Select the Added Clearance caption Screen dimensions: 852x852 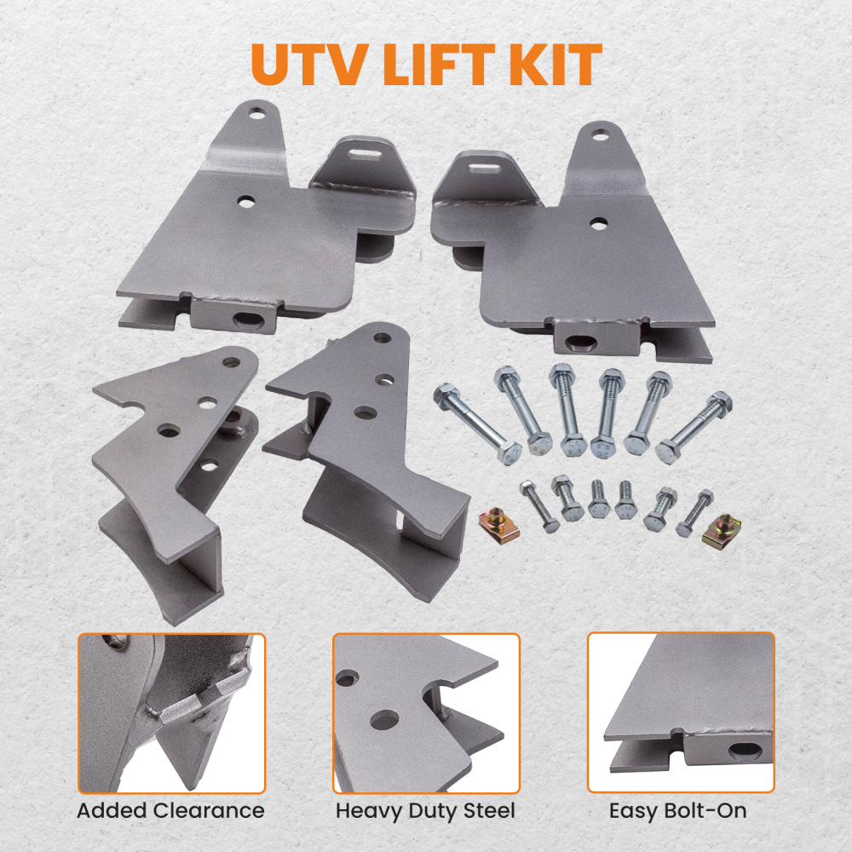pos(170,810)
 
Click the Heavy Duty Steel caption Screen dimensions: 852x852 pos(425,810)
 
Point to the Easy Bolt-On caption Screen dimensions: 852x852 pos(678,810)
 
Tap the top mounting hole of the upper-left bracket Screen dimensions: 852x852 pos(254,112)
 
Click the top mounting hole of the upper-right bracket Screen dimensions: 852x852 pos(602,135)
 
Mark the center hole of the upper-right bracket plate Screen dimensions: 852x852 pos(598,222)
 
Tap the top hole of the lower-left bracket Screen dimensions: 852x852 pos(229,362)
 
